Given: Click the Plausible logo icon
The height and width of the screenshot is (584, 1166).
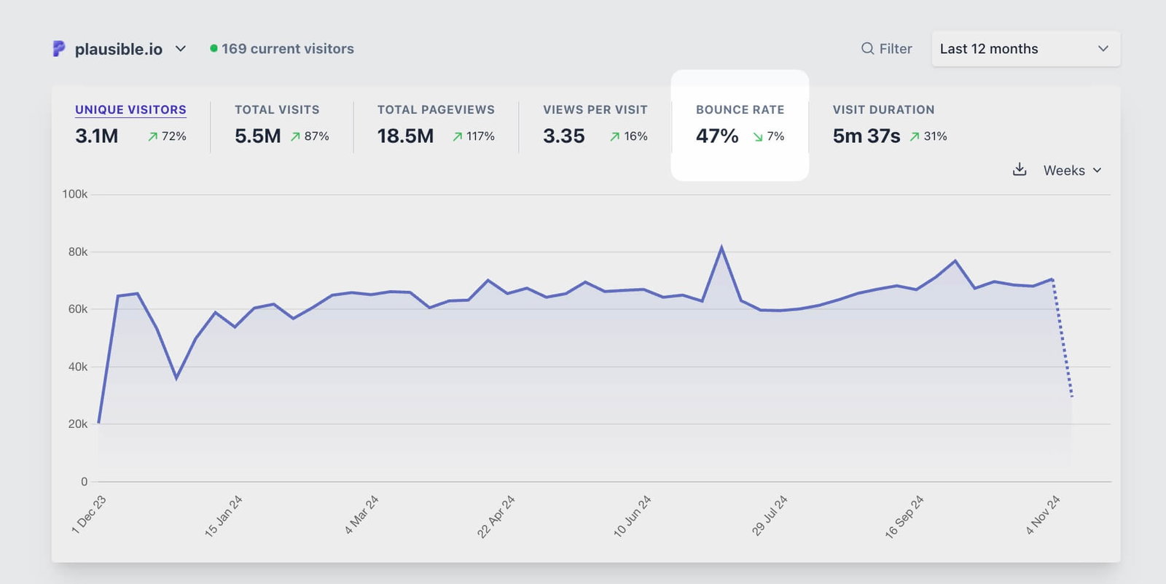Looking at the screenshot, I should (x=59, y=49).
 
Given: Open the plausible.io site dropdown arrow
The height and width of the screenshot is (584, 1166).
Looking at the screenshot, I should (x=181, y=49).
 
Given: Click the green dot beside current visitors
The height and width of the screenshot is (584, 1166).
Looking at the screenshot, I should (x=214, y=49).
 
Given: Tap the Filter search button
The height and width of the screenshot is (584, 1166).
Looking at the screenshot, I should (x=886, y=49).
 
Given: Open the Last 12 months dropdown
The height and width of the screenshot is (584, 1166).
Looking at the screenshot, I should (x=1025, y=49).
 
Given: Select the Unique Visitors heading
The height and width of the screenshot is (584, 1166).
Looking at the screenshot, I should (x=130, y=109).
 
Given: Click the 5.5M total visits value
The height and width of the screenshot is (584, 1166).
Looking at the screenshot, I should (x=257, y=136).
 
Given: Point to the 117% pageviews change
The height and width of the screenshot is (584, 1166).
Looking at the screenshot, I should (x=480, y=136).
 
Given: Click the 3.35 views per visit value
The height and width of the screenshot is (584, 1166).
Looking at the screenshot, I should (x=563, y=136).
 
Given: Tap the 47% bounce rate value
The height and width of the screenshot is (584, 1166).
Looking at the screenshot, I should (x=717, y=136).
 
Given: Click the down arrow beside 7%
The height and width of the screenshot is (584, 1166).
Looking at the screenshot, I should (x=758, y=137).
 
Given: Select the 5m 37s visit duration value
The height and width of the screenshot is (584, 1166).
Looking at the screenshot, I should (x=866, y=136).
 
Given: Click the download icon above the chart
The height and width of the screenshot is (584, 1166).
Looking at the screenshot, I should (x=1020, y=170).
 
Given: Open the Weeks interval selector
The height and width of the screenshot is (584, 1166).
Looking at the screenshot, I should (x=1072, y=171).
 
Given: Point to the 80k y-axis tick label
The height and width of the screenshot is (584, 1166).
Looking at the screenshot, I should (x=77, y=252).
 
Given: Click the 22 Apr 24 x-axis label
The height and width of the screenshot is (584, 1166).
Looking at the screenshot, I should (x=496, y=516).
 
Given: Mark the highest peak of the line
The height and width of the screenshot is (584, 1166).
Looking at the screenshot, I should (x=721, y=247).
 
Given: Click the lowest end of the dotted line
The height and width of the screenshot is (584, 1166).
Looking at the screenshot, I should (x=1072, y=397).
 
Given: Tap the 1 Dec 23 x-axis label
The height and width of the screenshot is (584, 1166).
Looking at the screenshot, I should (x=89, y=515).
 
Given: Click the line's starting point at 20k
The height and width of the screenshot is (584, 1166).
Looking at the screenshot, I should (x=98, y=422).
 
